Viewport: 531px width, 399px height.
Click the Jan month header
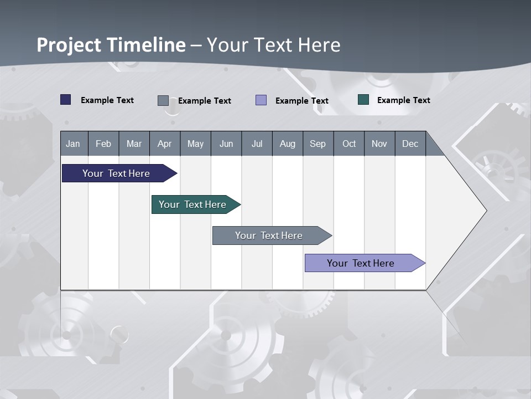coord(73,144)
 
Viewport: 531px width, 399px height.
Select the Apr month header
coord(164,144)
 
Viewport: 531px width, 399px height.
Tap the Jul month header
coord(257,144)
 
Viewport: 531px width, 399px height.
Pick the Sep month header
coord(317,144)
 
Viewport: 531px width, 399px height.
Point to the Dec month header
coord(410,144)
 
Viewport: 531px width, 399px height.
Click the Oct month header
coord(348,144)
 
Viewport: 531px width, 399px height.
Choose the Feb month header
coord(103,144)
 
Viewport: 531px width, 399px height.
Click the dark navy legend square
coord(66,100)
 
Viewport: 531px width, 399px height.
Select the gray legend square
coord(163,100)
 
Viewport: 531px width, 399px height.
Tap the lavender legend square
coord(261,100)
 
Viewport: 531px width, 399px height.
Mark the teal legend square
coord(363,100)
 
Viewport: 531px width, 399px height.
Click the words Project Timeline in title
coord(111,44)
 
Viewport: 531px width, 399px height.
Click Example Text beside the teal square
coord(403,100)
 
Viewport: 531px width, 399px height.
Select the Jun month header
coord(226,144)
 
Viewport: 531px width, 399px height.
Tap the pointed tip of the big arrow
coord(485,211)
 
